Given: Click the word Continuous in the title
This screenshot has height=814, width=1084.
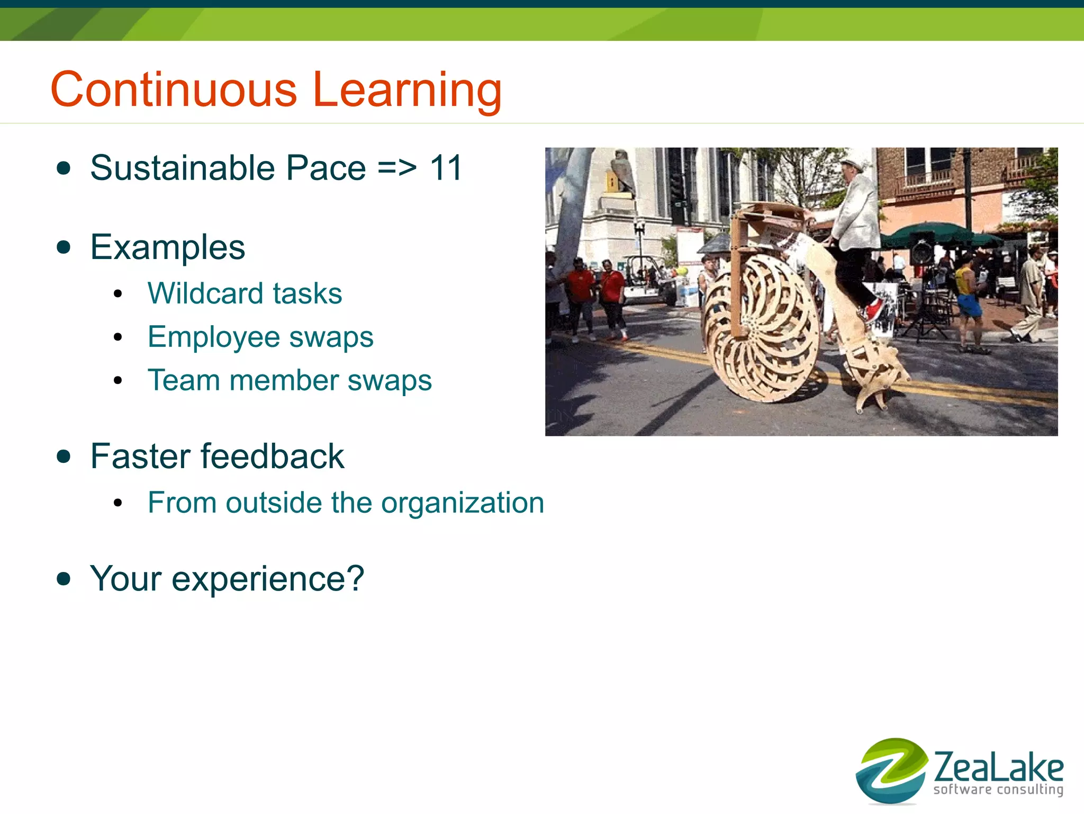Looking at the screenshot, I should point(174,90).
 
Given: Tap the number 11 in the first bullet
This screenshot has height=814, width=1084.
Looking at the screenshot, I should point(446,168).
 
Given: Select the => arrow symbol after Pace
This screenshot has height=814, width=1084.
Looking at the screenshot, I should point(397,168).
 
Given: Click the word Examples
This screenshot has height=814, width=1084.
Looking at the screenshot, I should point(167,247).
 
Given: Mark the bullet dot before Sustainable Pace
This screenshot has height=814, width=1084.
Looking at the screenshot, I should point(64,168).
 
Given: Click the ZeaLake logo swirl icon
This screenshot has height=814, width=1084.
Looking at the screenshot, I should point(891,771).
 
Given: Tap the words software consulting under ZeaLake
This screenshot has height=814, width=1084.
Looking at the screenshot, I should point(998,790).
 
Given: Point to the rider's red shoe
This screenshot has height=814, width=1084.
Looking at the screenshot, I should point(874,310).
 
